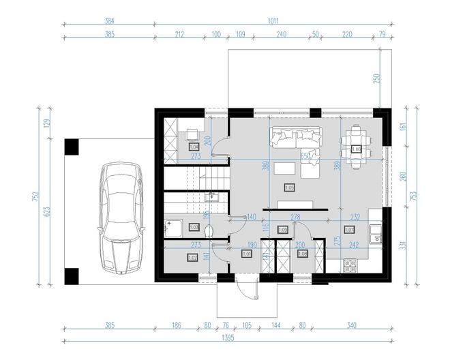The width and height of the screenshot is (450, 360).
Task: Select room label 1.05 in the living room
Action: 288,187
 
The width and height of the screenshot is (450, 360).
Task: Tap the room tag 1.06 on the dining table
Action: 356,149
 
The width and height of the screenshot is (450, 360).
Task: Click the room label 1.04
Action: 193,146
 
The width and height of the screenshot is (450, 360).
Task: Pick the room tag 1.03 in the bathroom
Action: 193,227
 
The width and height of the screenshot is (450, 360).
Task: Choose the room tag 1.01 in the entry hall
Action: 247,255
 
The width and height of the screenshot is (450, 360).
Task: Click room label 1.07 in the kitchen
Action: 349,230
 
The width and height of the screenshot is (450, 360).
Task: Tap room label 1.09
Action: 283,230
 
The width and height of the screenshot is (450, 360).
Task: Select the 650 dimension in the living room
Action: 306,156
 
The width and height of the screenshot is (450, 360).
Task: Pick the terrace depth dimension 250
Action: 376,78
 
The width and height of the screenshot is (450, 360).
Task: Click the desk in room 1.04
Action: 193,134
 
